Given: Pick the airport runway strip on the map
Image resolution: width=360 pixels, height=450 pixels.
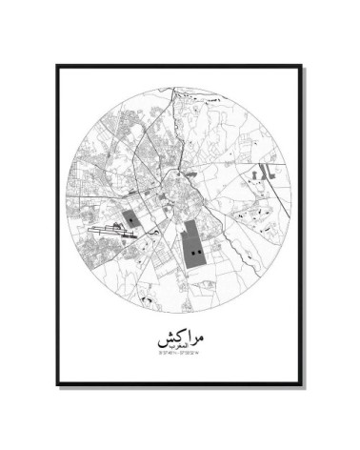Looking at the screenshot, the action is pos(111,228).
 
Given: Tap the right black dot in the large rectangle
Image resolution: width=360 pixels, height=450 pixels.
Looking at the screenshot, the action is pos(198,251).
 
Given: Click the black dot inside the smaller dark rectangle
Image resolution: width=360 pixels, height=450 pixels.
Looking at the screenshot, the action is pos(137,217).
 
